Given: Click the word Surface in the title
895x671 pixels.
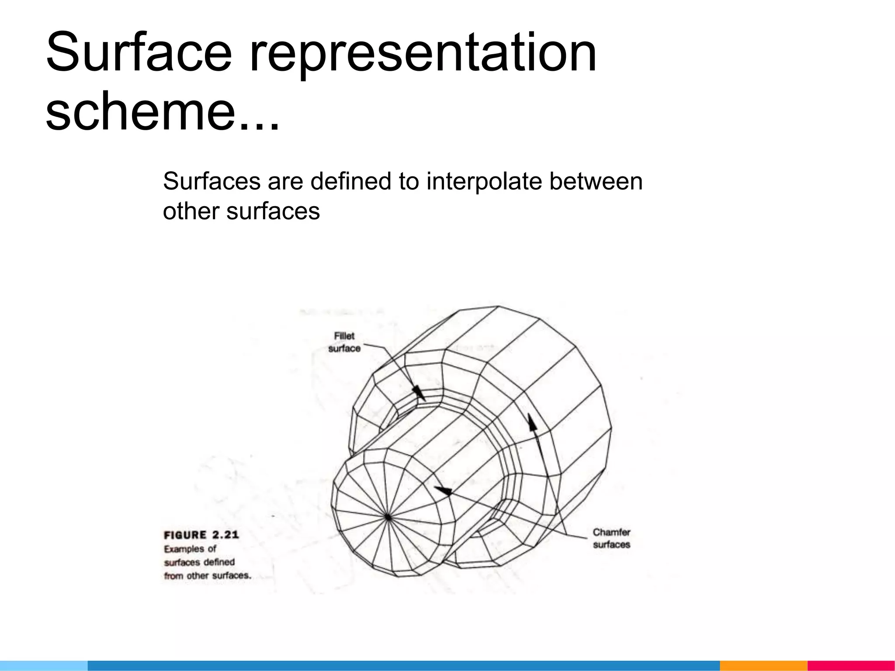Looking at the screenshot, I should [139, 52].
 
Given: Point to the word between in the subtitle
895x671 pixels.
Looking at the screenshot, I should [596, 181].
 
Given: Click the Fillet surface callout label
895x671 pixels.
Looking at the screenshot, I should [344, 342].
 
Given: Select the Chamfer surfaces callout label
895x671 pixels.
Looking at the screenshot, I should [611, 538].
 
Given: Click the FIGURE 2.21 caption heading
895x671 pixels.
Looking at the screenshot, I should [201, 535].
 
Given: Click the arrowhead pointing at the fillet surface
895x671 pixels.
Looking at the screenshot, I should [418, 392].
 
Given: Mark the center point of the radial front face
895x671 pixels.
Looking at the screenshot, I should [388, 517].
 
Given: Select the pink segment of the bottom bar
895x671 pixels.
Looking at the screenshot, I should [851, 666].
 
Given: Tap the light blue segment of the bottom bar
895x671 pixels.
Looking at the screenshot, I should [44, 666].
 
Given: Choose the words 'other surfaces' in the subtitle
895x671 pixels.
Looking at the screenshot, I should [241, 211].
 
